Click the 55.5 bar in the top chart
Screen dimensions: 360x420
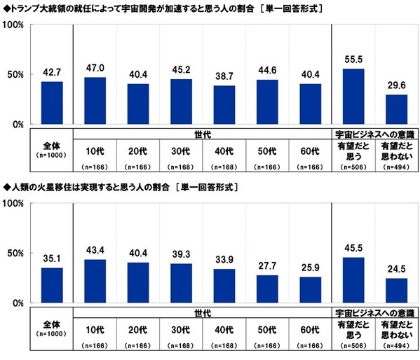(353, 97)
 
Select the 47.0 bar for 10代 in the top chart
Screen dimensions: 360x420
(95, 101)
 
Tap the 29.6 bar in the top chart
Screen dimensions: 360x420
(397, 110)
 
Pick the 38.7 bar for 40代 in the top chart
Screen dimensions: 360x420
(224, 105)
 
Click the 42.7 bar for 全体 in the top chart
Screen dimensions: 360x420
(52, 103)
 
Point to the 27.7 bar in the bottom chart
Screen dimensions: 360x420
(267, 289)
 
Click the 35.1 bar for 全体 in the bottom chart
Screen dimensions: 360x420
(52, 286)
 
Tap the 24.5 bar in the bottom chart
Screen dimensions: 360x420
(397, 291)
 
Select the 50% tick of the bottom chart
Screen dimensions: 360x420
(15, 254)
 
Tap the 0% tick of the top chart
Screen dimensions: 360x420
(18, 125)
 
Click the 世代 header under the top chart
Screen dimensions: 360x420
(203, 132)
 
